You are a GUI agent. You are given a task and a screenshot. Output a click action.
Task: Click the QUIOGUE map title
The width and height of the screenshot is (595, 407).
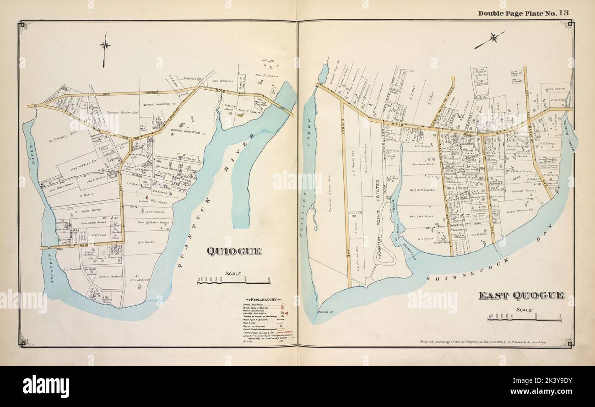pyautogui.click(x=234, y=251)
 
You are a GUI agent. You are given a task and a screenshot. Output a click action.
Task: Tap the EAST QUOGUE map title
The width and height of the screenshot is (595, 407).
pyautogui.click(x=521, y=296)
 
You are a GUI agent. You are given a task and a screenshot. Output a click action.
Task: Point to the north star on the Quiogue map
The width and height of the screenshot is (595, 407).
pyautogui.click(x=105, y=45)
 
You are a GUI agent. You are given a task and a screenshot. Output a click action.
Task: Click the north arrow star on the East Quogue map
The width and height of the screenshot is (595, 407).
pyautogui.click(x=493, y=38)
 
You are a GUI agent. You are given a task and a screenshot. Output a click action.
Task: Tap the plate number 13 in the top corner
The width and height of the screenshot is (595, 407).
pyautogui.click(x=563, y=13)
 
